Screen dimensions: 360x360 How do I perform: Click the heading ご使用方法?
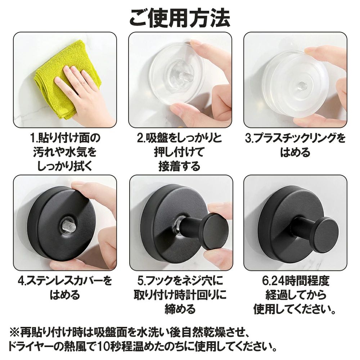pyautogui.click(x=180, y=18)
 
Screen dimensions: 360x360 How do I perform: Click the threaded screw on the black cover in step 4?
pyautogui.click(x=69, y=225)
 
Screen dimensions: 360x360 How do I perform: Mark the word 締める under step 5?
pyautogui.click(x=180, y=309)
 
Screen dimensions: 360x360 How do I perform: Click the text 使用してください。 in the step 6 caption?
pyautogui.click(x=295, y=309)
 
